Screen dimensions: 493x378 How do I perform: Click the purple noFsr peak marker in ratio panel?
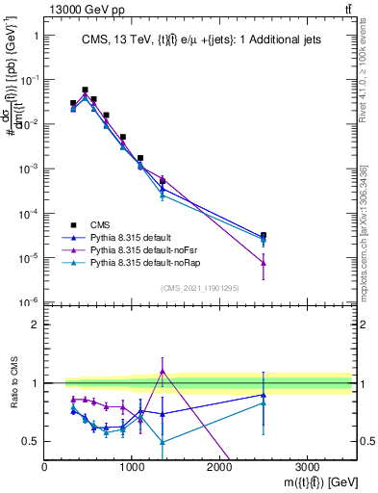point(163,371)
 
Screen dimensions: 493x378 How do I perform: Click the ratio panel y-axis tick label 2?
point(35,324)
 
